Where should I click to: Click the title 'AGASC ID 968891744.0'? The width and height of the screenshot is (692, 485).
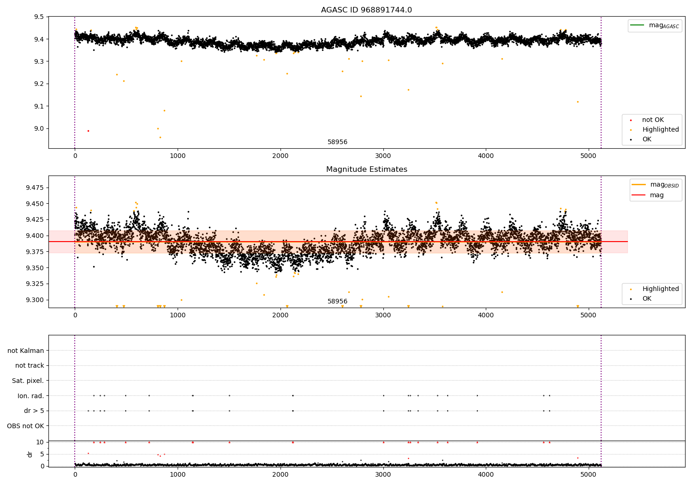(366, 10)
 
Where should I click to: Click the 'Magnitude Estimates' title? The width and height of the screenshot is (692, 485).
(366, 170)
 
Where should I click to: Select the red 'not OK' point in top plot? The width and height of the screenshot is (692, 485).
(88, 131)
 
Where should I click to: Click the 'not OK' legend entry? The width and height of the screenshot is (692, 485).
(653, 120)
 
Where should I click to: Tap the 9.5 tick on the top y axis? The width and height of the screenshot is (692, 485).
(39, 17)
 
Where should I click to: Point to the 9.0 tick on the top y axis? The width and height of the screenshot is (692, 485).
(39, 128)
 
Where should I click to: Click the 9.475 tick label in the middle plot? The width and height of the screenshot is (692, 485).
(35, 188)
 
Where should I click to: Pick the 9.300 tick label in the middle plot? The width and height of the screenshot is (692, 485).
(35, 300)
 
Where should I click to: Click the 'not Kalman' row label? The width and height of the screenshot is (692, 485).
(26, 351)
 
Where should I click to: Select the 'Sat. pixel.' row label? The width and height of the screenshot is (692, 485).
(28, 381)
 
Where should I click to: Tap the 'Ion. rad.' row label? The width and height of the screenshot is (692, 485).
(31, 396)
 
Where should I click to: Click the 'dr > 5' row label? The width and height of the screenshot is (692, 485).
(34, 411)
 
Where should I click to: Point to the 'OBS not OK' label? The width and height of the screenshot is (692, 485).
(26, 426)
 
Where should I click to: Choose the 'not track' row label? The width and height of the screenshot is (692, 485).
(30, 365)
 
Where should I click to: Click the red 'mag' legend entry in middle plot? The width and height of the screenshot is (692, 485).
(656, 195)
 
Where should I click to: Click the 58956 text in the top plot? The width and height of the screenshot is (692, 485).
(337, 142)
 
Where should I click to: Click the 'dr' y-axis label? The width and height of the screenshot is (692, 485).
(30, 454)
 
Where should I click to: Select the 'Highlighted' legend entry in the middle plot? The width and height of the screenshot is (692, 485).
(660, 289)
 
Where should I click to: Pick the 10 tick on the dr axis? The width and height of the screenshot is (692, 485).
(40, 442)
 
